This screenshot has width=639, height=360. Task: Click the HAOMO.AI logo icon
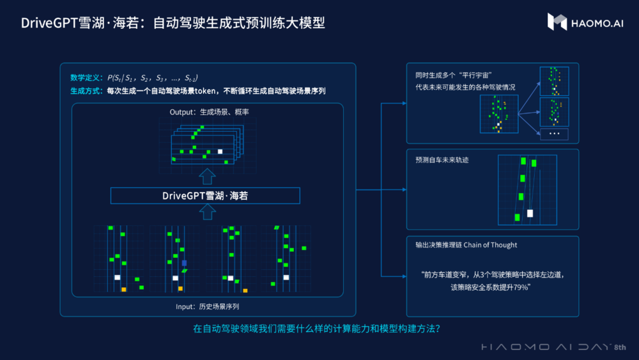pyautogui.click(x=557, y=22)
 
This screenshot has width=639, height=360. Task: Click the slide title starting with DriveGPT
pyautogui.click(x=173, y=23)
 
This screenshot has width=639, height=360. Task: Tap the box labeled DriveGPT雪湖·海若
pyautogui.click(x=205, y=195)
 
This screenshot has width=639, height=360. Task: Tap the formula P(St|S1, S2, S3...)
pyautogui.click(x=153, y=77)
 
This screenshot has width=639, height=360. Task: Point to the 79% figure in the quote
pyautogui.click(x=520, y=287)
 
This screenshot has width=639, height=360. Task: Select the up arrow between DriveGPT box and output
pyautogui.click(x=205, y=176)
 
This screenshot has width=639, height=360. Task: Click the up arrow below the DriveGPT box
pyautogui.click(x=205, y=213)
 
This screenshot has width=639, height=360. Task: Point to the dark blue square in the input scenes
pyautogui.click(x=184, y=263)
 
